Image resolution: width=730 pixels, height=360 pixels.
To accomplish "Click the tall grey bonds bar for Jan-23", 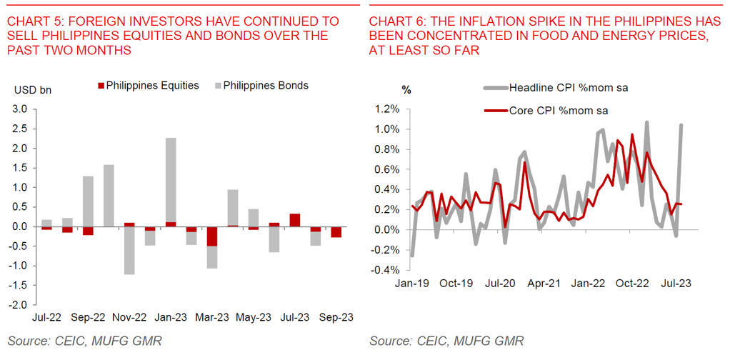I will (x=170, y=179).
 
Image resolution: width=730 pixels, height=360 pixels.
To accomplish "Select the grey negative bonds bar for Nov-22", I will (x=129, y=251).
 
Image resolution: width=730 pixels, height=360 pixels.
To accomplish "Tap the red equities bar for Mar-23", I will (x=212, y=236).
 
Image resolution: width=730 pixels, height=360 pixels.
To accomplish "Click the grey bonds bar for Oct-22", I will (x=109, y=195).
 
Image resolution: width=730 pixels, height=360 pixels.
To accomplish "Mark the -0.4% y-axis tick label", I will (x=390, y=270).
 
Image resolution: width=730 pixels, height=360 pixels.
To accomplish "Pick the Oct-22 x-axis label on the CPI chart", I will (x=632, y=283).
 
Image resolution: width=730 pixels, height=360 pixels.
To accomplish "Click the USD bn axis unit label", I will (x=33, y=90).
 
